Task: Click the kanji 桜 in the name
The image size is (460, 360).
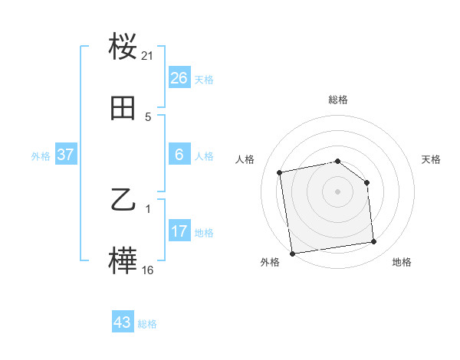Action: pyautogui.click(x=123, y=47)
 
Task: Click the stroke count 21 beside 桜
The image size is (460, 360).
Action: pyautogui.click(x=148, y=56)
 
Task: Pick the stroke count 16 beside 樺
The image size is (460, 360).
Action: pyautogui.click(x=148, y=270)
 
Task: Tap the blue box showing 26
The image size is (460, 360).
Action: pyautogui.click(x=179, y=78)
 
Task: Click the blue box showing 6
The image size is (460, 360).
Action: pyautogui.click(x=179, y=155)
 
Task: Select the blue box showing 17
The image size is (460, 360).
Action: pyautogui.click(x=179, y=231)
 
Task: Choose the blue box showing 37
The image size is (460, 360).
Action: pyautogui.click(x=66, y=155)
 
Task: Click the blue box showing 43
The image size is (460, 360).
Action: pyautogui.click(x=123, y=322)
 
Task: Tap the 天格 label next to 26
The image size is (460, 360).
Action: pyautogui.click(x=204, y=80)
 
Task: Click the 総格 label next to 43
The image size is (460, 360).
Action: pyautogui.click(x=147, y=324)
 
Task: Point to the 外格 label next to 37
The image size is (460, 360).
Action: pyautogui.click(x=41, y=156)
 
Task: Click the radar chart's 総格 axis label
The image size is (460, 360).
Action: pyautogui.click(x=338, y=100)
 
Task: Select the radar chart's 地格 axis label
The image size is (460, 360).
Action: pyautogui.click(x=402, y=262)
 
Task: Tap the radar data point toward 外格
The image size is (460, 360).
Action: pyautogui.click(x=292, y=253)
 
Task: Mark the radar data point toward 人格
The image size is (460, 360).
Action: pyautogui.click(x=281, y=172)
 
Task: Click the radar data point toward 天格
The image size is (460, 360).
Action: pyautogui.click(x=366, y=182)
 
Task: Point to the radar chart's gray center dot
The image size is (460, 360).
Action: pyautogui.click(x=338, y=191)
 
